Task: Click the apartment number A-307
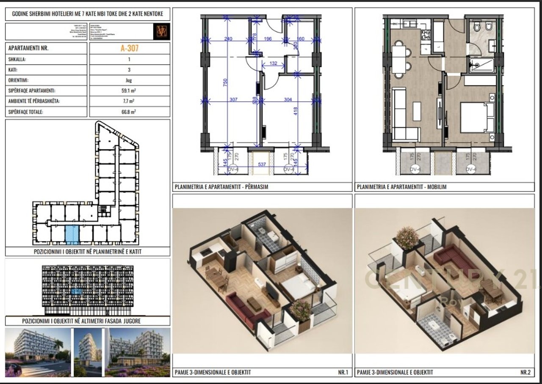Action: [130, 48]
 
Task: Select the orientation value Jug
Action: [130, 80]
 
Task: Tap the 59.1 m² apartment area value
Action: [130, 91]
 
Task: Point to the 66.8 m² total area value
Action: [130, 112]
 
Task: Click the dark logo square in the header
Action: [161, 31]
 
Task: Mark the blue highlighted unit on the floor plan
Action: [72, 235]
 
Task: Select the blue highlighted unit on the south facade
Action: [77, 291]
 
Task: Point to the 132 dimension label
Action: [273, 63]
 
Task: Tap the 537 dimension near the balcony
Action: [262, 165]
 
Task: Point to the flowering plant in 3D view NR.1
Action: [301, 310]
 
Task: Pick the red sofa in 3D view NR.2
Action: [450, 257]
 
